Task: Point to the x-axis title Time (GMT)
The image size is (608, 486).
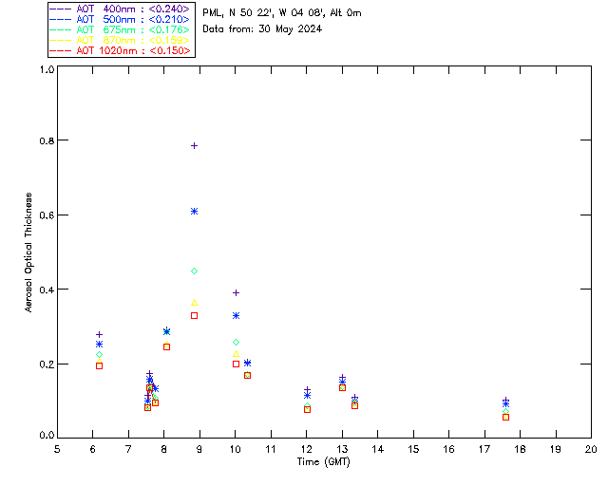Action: tap(323, 462)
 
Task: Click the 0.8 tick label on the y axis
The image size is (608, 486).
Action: tap(44, 140)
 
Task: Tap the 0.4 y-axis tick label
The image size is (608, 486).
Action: tap(44, 290)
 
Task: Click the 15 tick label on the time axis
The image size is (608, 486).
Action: tap(413, 449)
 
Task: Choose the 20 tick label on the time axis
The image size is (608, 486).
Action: tap(591, 449)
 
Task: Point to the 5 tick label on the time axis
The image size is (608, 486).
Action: tap(57, 449)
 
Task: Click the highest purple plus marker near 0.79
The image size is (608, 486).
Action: tap(194, 145)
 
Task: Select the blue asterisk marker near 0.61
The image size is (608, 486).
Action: tap(194, 211)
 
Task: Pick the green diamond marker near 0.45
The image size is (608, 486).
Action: tap(194, 271)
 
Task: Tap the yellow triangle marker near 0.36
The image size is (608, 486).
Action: tap(194, 303)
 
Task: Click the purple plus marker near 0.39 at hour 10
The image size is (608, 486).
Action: tap(236, 292)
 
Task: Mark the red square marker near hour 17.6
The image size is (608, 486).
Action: tap(505, 417)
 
